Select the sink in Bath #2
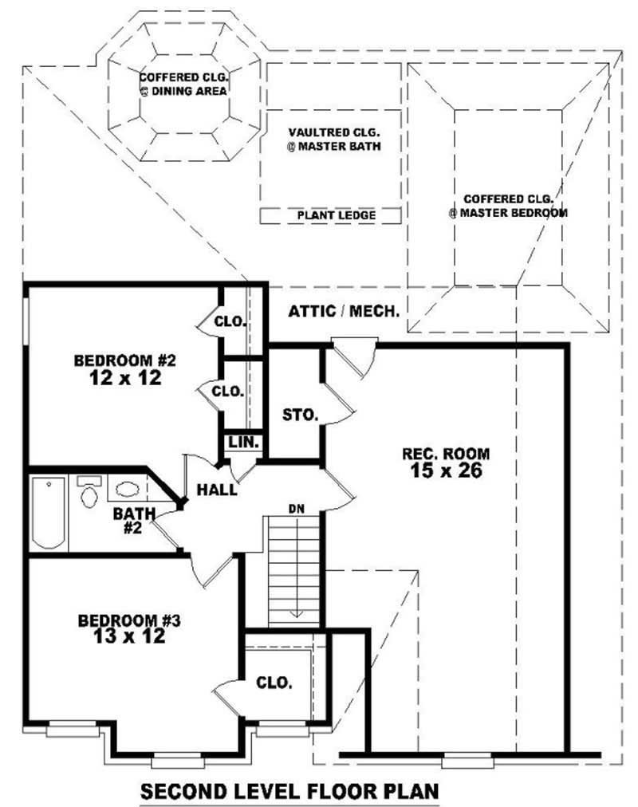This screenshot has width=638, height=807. [x=126, y=489]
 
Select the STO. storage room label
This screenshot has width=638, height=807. [x=301, y=415]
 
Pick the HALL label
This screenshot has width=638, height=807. [x=217, y=490]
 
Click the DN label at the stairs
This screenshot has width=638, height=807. [x=296, y=508]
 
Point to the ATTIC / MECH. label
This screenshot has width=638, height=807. [x=344, y=311]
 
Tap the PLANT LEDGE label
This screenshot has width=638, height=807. [x=330, y=215]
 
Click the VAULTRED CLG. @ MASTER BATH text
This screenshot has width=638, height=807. [x=334, y=139]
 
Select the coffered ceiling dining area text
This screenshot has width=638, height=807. [x=184, y=85]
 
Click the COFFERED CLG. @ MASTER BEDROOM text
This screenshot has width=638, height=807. [x=507, y=206]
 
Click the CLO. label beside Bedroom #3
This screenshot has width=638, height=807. [x=274, y=683]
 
